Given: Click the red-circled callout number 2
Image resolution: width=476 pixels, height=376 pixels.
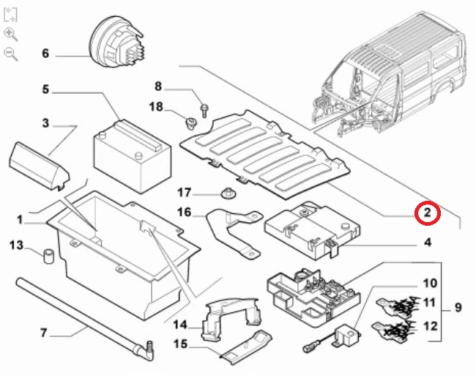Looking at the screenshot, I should pyautogui.click(x=427, y=213).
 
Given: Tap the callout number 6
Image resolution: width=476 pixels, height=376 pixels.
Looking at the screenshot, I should pyautogui.click(x=45, y=54).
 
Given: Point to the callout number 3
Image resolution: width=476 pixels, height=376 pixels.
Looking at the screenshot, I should pyautogui.click(x=45, y=123).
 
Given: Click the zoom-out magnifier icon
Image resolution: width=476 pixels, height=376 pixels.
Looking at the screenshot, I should pyautogui.click(x=11, y=53).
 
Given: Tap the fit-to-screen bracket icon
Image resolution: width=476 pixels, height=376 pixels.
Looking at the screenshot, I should pyautogui.click(x=11, y=15).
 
